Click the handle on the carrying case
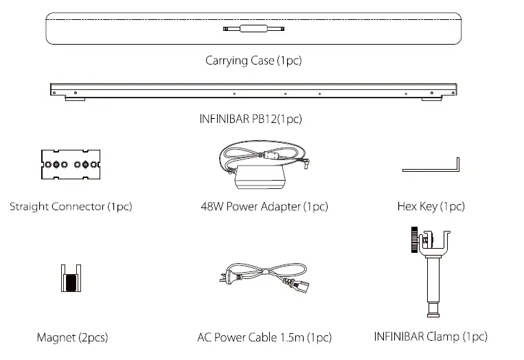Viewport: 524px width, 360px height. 253,29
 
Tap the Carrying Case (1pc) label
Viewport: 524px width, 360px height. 253,60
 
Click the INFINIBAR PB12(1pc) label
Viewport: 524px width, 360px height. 251,119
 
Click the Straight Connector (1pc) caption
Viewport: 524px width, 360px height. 71,206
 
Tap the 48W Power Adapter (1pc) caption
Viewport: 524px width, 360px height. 264,206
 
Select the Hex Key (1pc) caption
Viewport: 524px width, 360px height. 431,206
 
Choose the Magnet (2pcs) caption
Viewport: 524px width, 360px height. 72,337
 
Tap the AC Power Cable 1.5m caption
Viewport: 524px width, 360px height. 264,337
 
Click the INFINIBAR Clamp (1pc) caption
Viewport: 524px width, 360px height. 431,337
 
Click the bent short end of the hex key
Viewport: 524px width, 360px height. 457,167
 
